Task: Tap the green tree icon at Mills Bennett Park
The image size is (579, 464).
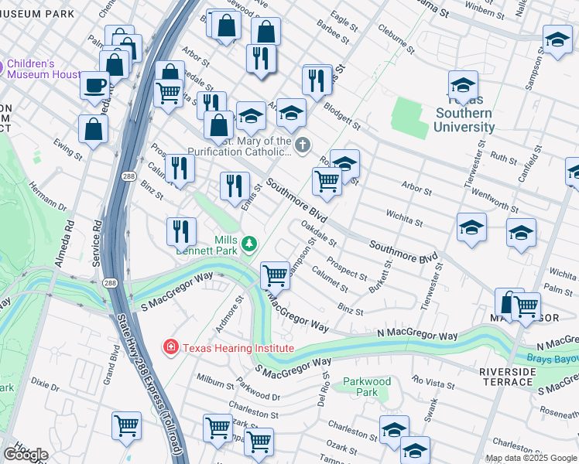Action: click(x=248, y=245)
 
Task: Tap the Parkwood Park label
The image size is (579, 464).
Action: click(x=366, y=387)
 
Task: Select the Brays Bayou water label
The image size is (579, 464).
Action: click(x=553, y=358)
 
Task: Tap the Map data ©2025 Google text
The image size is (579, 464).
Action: click(x=531, y=458)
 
